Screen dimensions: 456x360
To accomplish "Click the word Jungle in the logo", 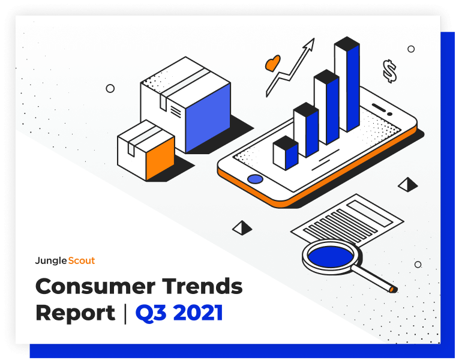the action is coord(51,261).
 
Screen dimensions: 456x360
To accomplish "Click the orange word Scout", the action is coord(82,260).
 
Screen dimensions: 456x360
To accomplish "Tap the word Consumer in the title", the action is coord(95,286).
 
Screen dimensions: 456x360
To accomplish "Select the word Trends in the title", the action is coord(202,286).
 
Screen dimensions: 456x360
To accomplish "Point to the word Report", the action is coord(76,313).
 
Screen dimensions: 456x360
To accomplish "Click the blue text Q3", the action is coord(151,313).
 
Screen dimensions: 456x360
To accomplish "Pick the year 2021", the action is coord(198,313).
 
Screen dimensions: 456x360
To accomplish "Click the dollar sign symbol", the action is coord(389,71).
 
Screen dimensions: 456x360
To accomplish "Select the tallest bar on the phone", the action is coord(347,85).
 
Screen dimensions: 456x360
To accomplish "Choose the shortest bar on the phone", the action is coord(286,153).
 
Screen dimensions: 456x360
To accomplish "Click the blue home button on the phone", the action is coord(255,179).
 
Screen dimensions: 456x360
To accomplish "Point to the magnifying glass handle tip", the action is coord(392,289).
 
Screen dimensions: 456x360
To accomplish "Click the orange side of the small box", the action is coord(160,158).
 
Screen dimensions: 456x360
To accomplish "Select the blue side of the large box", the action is coord(208,118).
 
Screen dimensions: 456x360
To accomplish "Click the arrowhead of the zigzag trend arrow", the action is coord(310,44).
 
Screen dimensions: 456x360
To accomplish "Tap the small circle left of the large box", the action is coord(110,88).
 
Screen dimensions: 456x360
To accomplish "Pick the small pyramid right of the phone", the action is coord(408,185).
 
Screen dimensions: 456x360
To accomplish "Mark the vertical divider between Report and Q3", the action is coord(125,314).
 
